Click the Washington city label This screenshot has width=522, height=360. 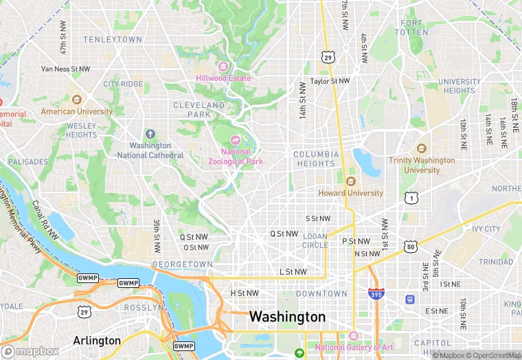[287, 317]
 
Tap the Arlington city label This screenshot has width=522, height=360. [97, 341]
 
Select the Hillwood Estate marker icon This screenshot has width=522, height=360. [223, 66]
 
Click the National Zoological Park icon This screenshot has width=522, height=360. [235, 140]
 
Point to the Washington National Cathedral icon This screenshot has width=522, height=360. [150, 133]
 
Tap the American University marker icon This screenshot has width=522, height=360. [76, 100]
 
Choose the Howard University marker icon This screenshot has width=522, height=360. [350, 181]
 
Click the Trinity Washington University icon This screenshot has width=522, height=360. [421, 148]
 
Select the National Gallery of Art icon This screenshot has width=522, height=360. [354, 336]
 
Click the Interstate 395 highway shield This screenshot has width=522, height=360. [375, 294]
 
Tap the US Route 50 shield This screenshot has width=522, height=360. [410, 247]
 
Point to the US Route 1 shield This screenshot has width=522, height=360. [410, 198]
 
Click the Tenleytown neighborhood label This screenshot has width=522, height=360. [111, 40]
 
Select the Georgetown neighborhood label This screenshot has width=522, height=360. [183, 265]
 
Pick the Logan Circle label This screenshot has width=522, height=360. [315, 240]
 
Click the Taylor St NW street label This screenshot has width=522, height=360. [330, 81]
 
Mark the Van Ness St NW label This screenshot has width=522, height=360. [66, 69]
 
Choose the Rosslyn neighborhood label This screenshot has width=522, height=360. [141, 308]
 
